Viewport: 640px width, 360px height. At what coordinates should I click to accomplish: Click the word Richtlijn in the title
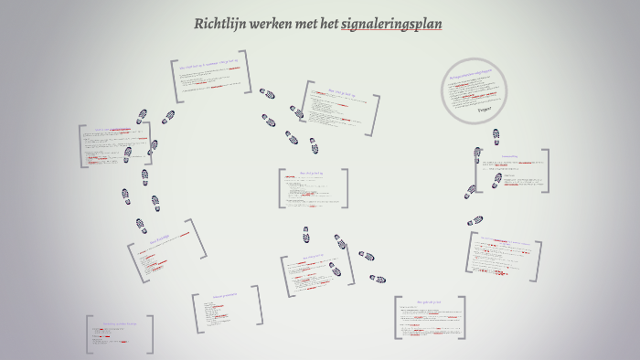point(218,24)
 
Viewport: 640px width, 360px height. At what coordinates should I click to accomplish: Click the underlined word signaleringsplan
point(392,24)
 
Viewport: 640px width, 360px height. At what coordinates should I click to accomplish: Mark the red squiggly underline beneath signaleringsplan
point(392,31)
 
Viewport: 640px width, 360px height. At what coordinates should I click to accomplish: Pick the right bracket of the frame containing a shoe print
point(546,171)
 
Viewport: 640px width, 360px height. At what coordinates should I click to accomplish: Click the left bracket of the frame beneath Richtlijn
point(173,80)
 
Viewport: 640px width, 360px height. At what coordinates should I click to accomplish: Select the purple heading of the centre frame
point(313,171)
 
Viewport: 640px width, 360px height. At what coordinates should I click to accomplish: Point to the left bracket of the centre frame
point(281,188)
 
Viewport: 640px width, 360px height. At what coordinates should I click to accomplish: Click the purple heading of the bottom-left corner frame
point(119,323)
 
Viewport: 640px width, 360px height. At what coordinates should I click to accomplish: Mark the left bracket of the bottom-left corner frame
point(89,334)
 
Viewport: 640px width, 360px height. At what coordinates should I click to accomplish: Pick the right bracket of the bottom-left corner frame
point(151,334)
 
